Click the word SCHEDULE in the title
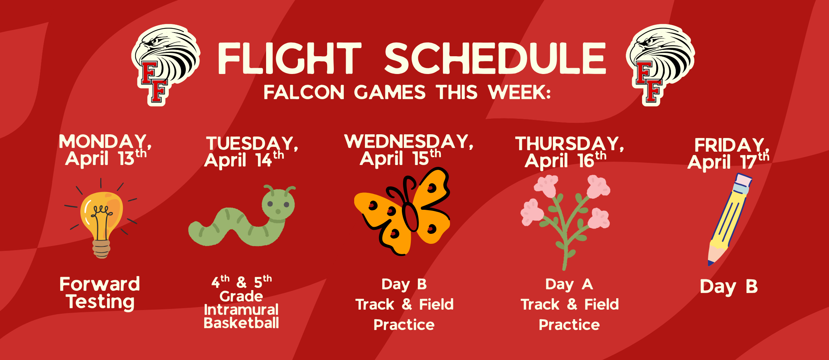pos(495,58)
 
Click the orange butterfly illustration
pos(403,213)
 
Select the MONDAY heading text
pos(105,142)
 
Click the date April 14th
pos(244,160)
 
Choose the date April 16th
pos(565,161)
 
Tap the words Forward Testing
pos(100,293)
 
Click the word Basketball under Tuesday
pos(241,323)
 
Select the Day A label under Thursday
pos(569,284)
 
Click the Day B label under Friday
pos(729,287)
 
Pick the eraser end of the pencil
pos(743,181)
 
